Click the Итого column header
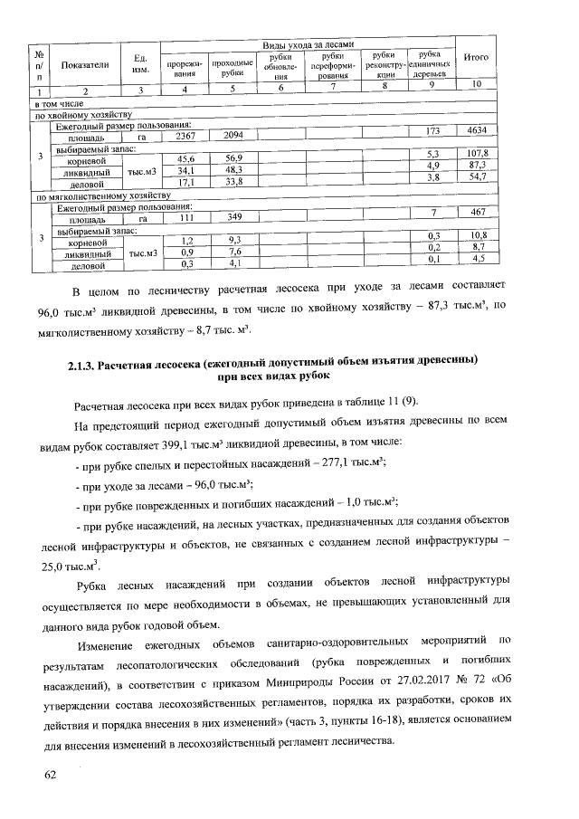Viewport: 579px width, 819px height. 476,58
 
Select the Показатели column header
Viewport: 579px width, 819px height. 85,64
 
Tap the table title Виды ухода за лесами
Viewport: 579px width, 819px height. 307,44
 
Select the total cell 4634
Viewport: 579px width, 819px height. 476,131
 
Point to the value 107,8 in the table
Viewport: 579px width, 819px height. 476,153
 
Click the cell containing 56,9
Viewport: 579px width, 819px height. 233,158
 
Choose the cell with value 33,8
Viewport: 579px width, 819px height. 233,182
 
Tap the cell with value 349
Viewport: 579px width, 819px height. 233,218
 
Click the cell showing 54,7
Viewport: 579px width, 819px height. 476,177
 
